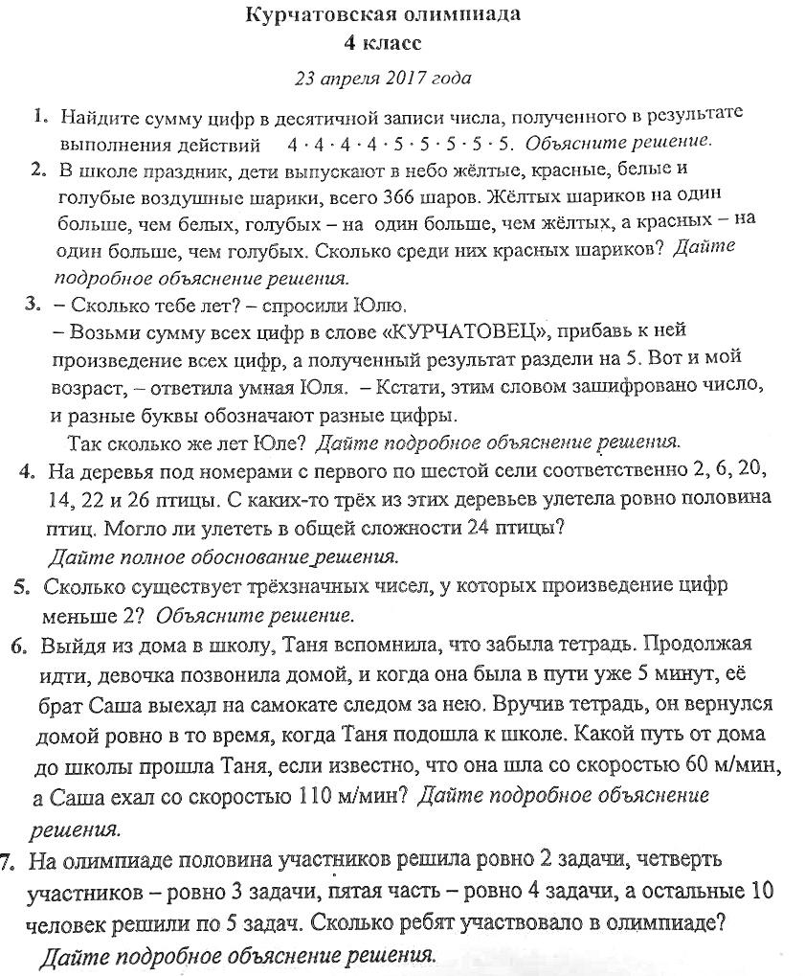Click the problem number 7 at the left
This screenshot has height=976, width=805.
(8, 861)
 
